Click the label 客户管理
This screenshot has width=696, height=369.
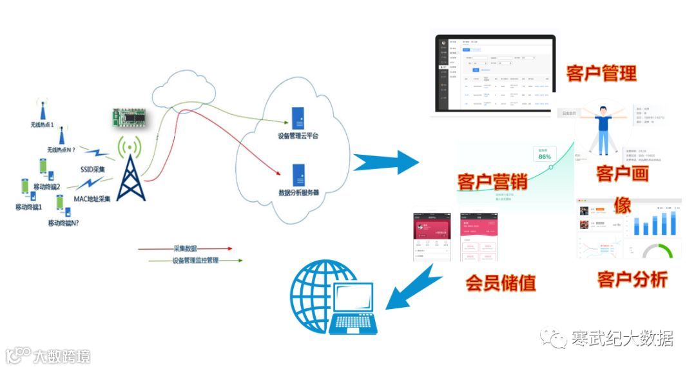point(601,73)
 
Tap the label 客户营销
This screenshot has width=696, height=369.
point(492,181)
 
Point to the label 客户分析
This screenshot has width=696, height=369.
point(632,279)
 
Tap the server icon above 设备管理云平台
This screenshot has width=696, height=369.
point(298,118)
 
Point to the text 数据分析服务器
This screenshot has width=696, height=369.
point(298,193)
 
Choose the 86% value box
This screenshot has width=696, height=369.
point(545,155)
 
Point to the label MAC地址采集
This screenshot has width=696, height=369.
point(92,199)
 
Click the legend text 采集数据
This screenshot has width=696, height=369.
point(186,248)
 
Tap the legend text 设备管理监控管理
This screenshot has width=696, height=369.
point(196,260)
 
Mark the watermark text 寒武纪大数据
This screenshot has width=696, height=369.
point(621,338)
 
